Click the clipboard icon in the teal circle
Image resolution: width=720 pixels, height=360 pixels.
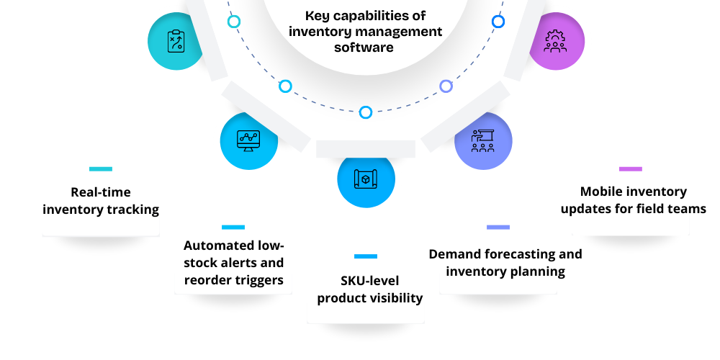tap(176, 41)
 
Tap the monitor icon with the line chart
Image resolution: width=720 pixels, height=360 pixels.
tap(248, 140)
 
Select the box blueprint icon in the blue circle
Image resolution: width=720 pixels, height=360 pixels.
tap(366, 179)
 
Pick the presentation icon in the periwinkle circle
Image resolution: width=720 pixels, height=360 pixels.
tap(483, 140)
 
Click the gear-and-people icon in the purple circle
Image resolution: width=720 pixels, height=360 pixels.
tap(555, 41)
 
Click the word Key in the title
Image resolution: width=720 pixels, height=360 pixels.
tap(318, 15)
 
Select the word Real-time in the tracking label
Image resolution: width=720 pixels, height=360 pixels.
tap(100, 192)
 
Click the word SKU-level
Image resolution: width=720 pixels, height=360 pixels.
tap(370, 281)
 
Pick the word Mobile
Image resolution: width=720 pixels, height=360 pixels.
tap(603, 192)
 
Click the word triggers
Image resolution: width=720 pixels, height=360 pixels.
tap(258, 280)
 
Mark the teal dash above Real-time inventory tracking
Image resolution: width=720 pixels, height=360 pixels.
tap(101, 169)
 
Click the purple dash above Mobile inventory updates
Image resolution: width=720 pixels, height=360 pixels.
tap(630, 169)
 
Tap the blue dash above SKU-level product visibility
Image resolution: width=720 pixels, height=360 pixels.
tap(366, 256)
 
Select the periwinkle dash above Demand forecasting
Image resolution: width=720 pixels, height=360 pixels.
tap(498, 228)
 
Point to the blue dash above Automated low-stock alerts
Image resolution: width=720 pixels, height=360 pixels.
tap(233, 228)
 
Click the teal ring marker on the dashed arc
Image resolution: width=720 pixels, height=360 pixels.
tap(234, 22)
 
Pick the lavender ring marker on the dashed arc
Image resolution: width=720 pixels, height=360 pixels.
tap(446, 86)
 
